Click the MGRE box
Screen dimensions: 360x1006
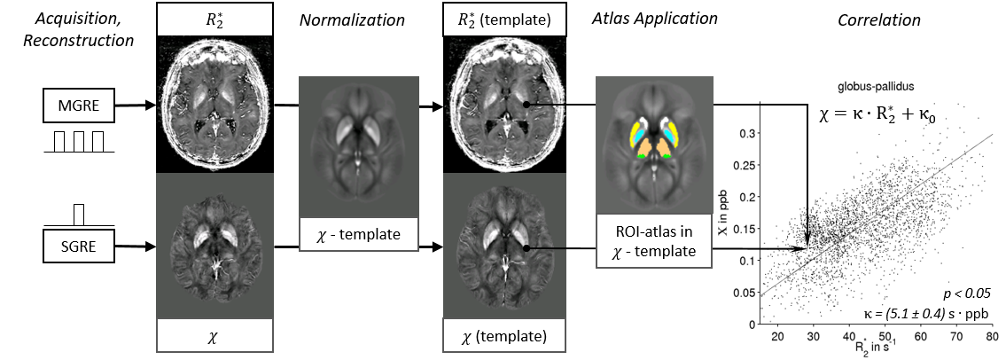tap(77, 108)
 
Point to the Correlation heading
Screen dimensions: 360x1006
tap(878, 20)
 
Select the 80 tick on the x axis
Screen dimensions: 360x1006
tap(991, 337)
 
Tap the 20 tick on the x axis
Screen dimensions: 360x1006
tap(777, 337)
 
